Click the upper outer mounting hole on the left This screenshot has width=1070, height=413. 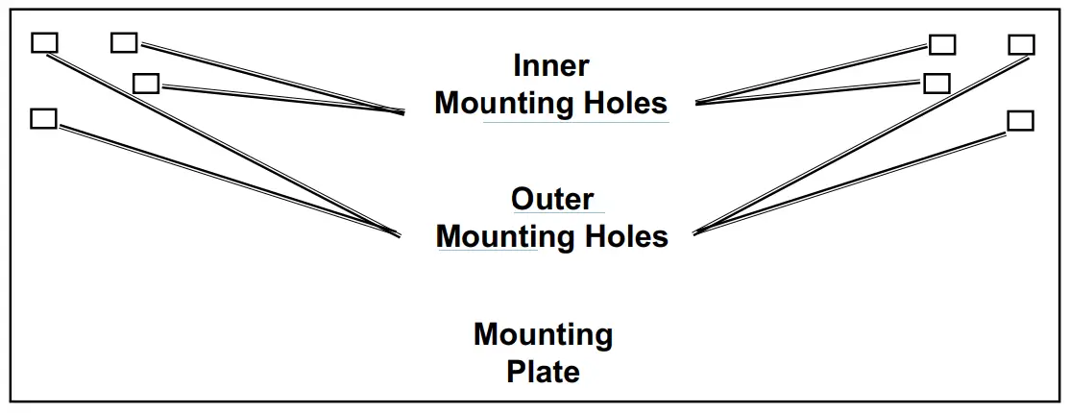pos(44,43)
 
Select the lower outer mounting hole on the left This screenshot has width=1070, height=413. pos(44,118)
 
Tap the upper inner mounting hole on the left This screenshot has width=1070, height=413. pos(124,42)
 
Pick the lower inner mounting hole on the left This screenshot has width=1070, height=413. pos(146,84)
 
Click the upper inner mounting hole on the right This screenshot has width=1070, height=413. pos(942,45)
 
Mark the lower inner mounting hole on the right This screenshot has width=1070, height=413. pos(936,83)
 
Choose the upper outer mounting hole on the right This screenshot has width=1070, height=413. pos(1021,45)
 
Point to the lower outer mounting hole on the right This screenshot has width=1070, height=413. pos(1020,120)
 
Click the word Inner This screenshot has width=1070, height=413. pos(550,66)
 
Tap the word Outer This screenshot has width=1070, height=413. pos(552,199)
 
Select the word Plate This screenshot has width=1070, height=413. pos(543,372)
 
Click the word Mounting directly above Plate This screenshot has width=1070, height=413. pos(543,335)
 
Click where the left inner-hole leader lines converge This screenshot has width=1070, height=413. pos(402,113)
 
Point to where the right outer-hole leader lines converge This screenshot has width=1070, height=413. pos(694,232)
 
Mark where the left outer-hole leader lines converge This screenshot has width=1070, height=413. pos(398,234)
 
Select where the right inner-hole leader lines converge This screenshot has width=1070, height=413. pos(696,103)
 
